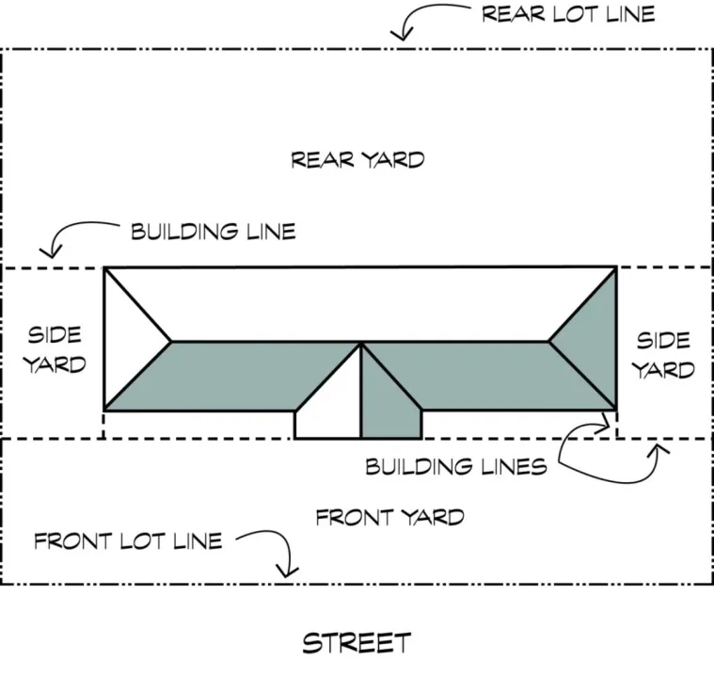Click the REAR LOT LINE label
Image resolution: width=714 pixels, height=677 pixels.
point(568,14)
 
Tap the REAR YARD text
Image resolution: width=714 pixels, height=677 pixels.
point(357,159)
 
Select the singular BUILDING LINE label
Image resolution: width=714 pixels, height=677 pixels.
point(213,231)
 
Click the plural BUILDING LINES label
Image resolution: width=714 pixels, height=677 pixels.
point(455,466)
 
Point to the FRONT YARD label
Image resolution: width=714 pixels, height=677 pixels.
point(389,517)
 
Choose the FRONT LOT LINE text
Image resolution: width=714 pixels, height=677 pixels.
point(128,541)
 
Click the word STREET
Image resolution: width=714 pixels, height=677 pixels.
point(357,643)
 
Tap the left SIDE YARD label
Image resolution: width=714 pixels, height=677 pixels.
point(54,348)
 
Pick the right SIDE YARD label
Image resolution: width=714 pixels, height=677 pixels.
point(663,354)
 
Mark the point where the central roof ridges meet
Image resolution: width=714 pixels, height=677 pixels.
point(361,343)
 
